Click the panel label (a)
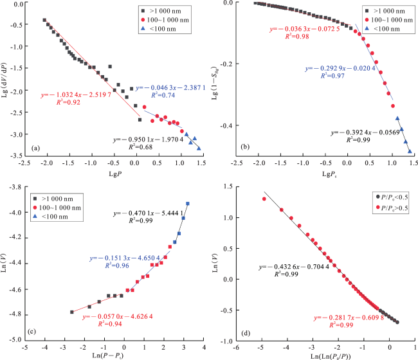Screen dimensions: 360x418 coord(37,149)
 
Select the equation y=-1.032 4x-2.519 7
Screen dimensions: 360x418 coord(76,94)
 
